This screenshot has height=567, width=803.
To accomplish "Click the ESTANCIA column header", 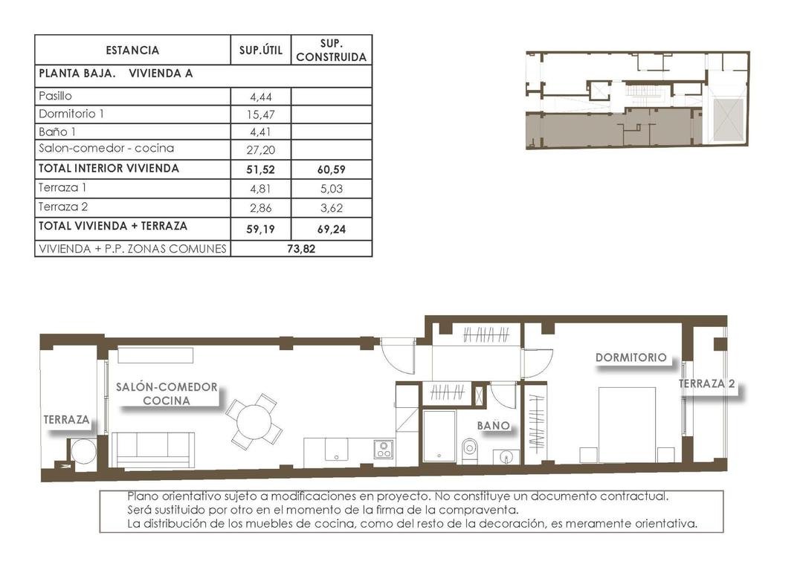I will pyautogui.click(x=132, y=51).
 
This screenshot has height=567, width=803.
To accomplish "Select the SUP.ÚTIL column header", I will pyautogui.click(x=260, y=51).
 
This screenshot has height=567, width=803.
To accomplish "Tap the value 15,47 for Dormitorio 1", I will pyautogui.click(x=260, y=114).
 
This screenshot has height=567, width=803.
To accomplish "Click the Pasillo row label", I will pyautogui.click(x=55, y=96).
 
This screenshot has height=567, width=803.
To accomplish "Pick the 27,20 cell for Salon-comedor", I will pyautogui.click(x=260, y=149).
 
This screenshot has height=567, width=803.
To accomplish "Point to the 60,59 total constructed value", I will pyautogui.click(x=331, y=169).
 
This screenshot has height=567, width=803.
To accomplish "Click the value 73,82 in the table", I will pyautogui.click(x=301, y=249).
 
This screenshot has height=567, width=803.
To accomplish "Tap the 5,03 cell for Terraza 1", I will pyautogui.click(x=331, y=188).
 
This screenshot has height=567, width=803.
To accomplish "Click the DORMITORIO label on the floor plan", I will pyautogui.click(x=631, y=357).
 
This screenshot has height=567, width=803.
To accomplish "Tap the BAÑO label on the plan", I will pyautogui.click(x=494, y=426).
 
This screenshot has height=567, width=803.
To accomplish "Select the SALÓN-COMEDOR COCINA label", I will pyautogui.click(x=167, y=393).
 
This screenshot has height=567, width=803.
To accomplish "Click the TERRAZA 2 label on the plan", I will pyautogui.click(x=706, y=384).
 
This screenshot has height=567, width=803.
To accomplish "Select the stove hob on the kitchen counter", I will pyautogui.click(x=384, y=449).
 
